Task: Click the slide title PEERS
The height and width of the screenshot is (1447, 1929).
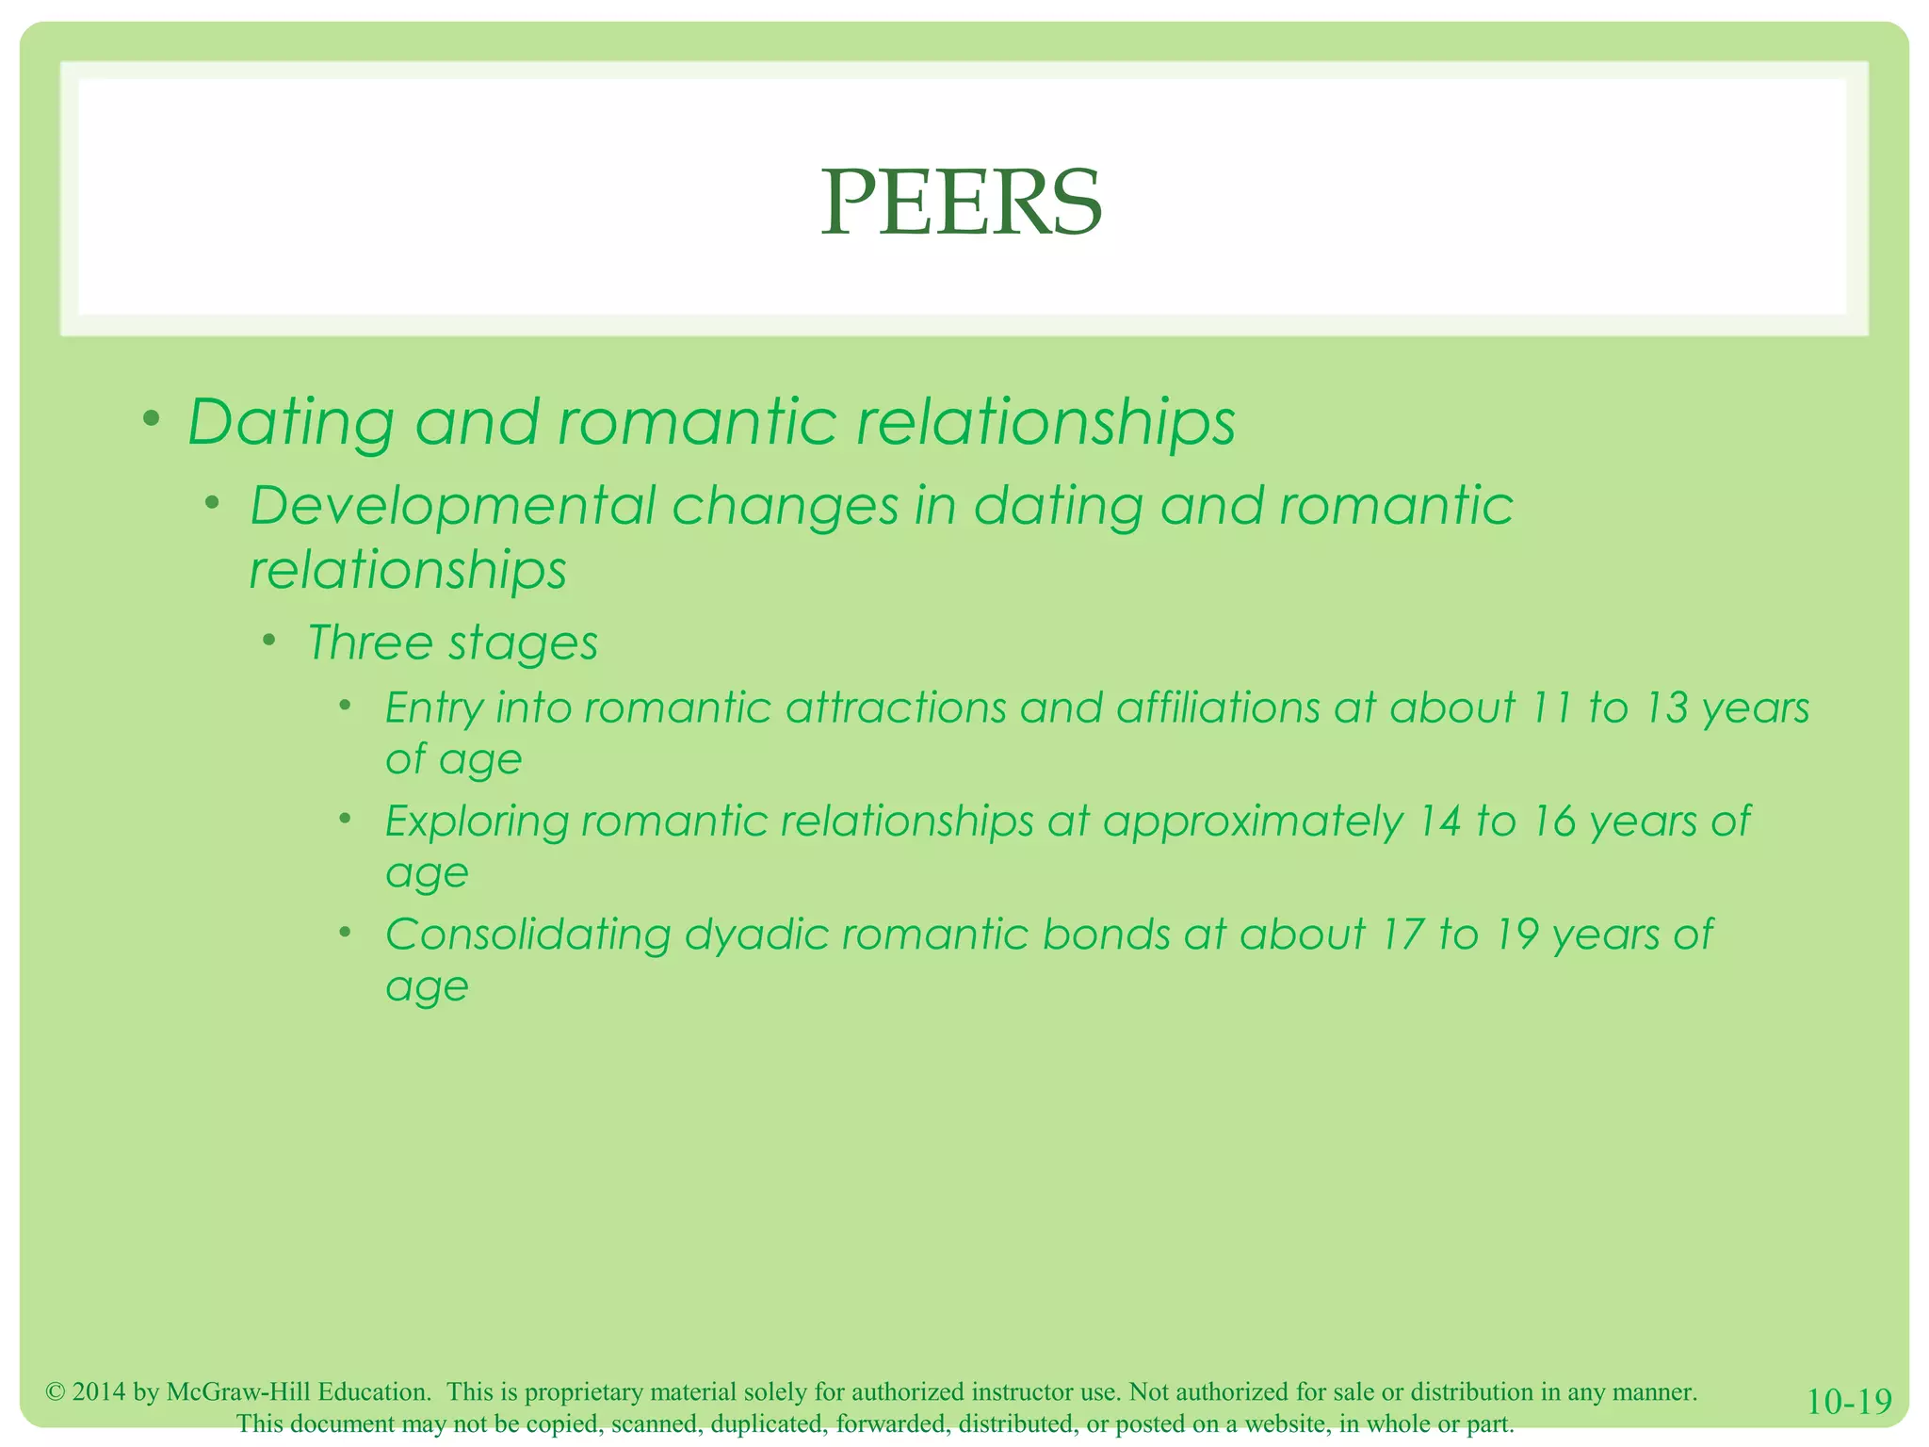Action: tap(961, 203)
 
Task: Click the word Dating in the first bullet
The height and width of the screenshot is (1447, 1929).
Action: tap(290, 422)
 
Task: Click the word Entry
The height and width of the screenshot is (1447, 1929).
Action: tap(433, 708)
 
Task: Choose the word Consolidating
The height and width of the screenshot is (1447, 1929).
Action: tap(527, 935)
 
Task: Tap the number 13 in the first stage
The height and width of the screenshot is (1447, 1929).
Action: tap(1665, 708)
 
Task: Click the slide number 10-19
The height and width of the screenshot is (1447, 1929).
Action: tap(1848, 1402)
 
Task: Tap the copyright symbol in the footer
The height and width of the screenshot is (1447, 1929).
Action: tap(55, 1392)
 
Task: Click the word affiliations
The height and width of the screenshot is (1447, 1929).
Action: tap(1218, 708)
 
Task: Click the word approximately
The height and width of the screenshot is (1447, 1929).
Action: tap(1253, 822)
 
